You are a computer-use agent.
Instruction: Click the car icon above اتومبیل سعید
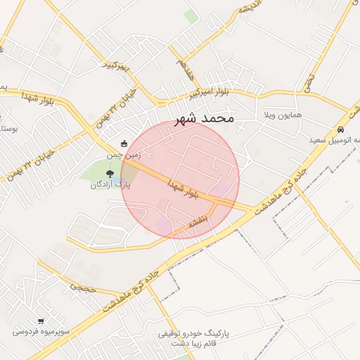pyautogui.click(x=340, y=130)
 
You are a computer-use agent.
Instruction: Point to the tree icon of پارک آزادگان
pyautogui.click(x=109, y=173)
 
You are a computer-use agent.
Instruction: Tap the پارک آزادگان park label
pyautogui.click(x=110, y=185)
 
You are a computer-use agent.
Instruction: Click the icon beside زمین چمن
pyautogui.click(x=124, y=143)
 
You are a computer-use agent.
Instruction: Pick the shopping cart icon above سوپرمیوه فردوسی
pyautogui.click(x=41, y=320)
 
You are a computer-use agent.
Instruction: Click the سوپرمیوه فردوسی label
pyautogui.click(x=40, y=330)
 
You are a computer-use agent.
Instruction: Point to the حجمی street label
pyautogui.click(x=79, y=287)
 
